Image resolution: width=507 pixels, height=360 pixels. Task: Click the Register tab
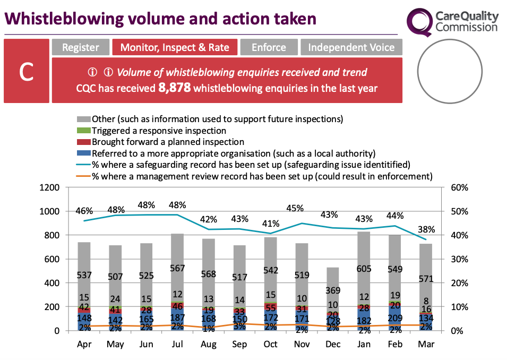(81, 47)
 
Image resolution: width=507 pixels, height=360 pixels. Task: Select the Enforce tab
(269, 47)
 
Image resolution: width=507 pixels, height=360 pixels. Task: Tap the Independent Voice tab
(351, 47)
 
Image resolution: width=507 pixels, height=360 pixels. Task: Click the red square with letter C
(27, 72)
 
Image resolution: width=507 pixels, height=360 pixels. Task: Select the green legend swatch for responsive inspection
(84, 131)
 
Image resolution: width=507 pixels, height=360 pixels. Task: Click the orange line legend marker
(84, 176)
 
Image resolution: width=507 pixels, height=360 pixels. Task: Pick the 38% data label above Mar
(426, 230)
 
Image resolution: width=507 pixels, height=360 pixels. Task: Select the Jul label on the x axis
(177, 345)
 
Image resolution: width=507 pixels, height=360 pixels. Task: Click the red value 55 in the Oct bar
(270, 307)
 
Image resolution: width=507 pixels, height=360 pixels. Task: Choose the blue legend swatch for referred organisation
(84, 153)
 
